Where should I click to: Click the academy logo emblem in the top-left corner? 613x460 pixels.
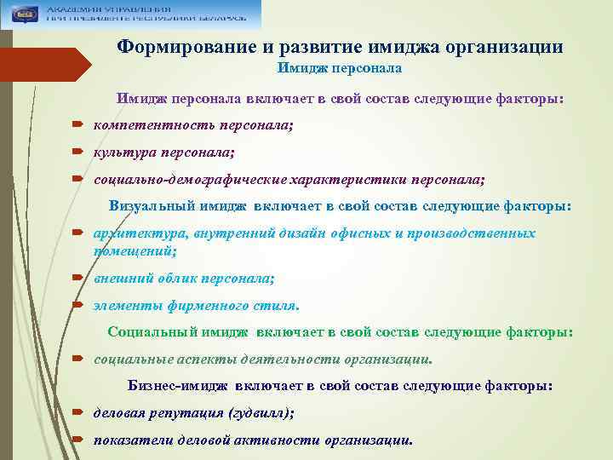coord(21,14)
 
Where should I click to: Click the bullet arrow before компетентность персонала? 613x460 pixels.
coord(77,126)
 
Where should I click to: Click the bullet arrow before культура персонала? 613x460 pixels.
coord(77,153)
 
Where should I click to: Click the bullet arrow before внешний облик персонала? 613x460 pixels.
coord(77,279)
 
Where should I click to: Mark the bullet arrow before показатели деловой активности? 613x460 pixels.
coord(77,441)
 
